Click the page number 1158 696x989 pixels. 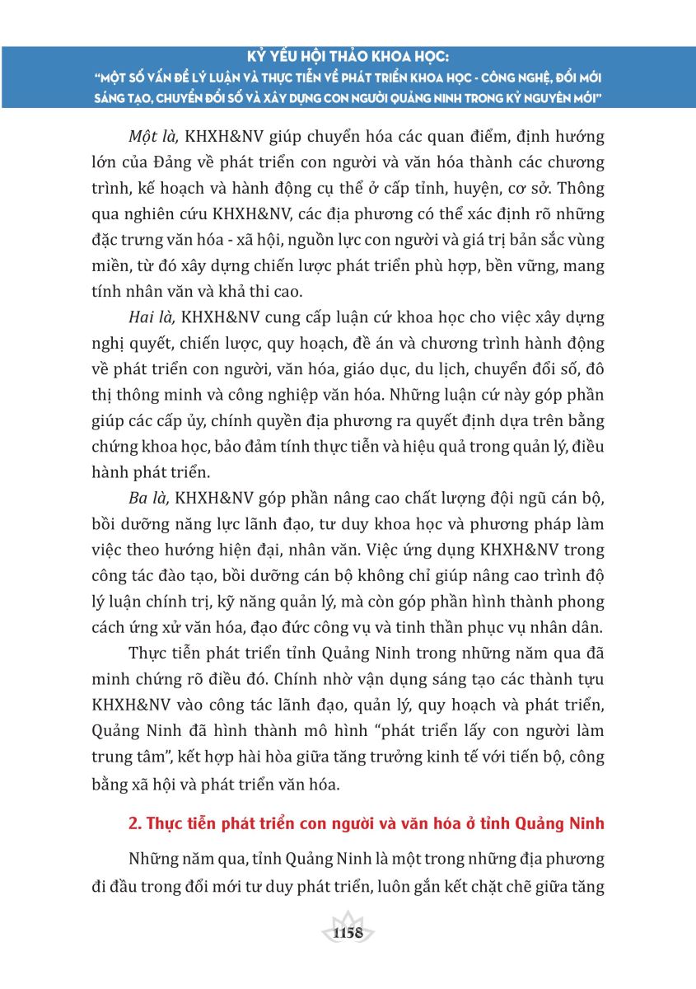pos(347,933)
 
